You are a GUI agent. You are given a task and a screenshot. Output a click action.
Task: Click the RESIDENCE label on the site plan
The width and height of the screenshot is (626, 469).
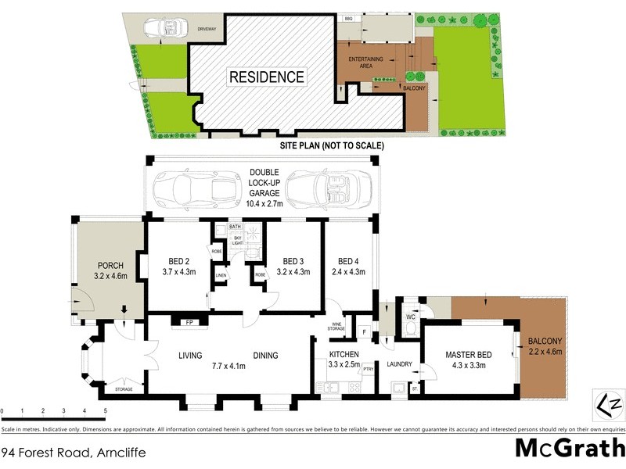pyautogui.click(x=266, y=77)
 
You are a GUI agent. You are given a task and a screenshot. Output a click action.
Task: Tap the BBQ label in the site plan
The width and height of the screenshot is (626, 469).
pyautogui.click(x=349, y=18)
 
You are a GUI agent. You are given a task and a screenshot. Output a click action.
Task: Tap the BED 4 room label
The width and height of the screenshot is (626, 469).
pyautogui.click(x=348, y=261)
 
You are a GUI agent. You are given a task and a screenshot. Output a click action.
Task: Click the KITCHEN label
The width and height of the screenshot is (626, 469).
pyautogui.click(x=344, y=353)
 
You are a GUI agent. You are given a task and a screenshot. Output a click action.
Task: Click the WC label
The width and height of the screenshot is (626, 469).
pyautogui.click(x=409, y=317)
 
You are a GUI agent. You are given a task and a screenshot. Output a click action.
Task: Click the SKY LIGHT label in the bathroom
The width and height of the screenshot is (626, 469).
pyautogui.click(x=237, y=241)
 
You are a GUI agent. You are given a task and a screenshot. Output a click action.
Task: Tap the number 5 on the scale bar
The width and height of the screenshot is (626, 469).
pyautogui.click(x=106, y=410)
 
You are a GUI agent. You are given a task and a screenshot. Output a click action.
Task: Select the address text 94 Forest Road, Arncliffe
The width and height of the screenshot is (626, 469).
pyautogui.click(x=74, y=453)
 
